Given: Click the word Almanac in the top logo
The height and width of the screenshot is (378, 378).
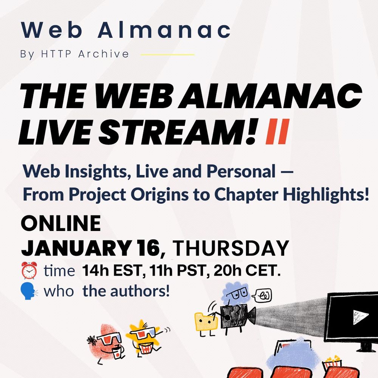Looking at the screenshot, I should click(164, 30).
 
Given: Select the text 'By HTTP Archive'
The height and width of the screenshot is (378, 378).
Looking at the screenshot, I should click(74, 54).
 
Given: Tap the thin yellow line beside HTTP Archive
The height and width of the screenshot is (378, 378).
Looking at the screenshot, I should click(167, 54).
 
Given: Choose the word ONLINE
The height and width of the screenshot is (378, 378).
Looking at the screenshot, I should click(61, 224).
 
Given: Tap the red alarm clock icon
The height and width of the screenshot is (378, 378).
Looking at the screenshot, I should click(29, 271).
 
